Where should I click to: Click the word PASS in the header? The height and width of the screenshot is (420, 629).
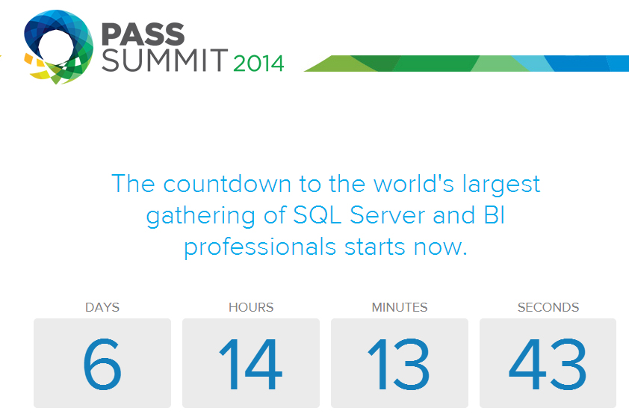pyautogui.click(x=143, y=34)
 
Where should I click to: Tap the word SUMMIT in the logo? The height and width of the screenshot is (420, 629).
pyautogui.click(x=165, y=61)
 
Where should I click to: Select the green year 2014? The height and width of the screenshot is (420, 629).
pyautogui.click(x=258, y=64)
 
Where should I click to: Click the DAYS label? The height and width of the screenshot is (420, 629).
pyautogui.click(x=102, y=307)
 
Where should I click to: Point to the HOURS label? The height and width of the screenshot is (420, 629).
pyautogui.click(x=251, y=307)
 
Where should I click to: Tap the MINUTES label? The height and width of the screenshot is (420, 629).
pyautogui.click(x=400, y=307)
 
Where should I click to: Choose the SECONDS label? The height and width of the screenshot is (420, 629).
pyautogui.click(x=548, y=307)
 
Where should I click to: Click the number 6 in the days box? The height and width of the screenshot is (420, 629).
pyautogui.click(x=102, y=364)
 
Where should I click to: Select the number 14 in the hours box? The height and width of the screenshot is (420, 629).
pyautogui.click(x=251, y=364)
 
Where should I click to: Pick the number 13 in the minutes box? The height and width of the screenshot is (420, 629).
pyautogui.click(x=399, y=364)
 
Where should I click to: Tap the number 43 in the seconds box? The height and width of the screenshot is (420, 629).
pyautogui.click(x=548, y=364)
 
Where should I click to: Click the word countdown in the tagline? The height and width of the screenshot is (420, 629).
pyautogui.click(x=227, y=184)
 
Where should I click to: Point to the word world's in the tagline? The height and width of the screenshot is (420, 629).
pyautogui.click(x=414, y=184)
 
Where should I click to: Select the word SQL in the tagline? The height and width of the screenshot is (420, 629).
pyautogui.click(x=317, y=215)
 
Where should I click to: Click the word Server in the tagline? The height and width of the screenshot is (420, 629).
pyautogui.click(x=387, y=215)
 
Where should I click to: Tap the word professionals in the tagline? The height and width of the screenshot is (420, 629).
pyautogui.click(x=260, y=247)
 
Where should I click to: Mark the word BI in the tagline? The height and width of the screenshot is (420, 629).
pyautogui.click(x=495, y=215)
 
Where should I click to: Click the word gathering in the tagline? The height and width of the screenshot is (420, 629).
pyautogui.click(x=200, y=216)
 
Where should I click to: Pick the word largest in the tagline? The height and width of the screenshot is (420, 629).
pyautogui.click(x=501, y=185)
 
